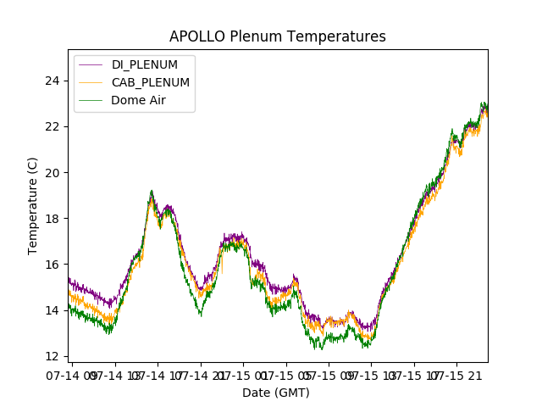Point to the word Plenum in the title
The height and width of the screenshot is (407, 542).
pos(260,36)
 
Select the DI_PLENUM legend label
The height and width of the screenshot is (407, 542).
pos(145,65)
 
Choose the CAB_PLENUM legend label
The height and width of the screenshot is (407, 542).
pos(151,82)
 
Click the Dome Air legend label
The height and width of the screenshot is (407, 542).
pos(138,100)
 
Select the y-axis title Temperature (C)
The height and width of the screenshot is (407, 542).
pos(33,205)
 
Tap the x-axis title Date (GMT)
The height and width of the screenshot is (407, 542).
pos(276,393)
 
